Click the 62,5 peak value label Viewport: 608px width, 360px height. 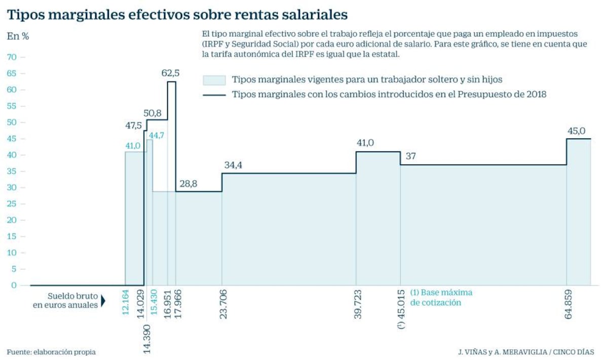pos(170,73)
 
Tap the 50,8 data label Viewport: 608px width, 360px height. pos(153,113)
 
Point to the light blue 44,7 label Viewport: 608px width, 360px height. pos(157,135)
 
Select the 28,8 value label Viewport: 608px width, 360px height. pos(188,184)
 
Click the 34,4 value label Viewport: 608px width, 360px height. pos(233,165)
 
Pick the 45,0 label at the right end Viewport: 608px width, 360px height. pos(577,131)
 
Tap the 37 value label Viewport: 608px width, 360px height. pos(411,156)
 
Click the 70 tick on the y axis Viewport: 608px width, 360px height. pos(12,57)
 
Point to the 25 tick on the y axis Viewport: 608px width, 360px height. pos(12,204)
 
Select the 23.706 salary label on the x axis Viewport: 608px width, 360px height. pos(223,304)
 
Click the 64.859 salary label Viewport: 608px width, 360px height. pos(568,304)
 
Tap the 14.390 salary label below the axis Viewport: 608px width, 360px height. pos(147,339)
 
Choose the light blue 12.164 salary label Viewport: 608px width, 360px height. pos(125,302)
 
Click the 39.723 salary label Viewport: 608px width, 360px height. pos(358,304)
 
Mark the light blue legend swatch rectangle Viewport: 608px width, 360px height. pos(214,81)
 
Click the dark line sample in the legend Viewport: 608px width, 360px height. pos(214,95)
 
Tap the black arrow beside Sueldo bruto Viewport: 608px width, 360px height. pos(103,301)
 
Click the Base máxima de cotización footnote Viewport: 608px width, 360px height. pos(441,298)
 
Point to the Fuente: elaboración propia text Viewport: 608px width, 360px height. pos(51,352)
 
